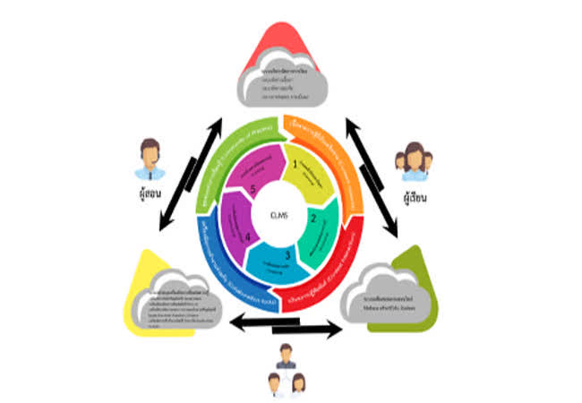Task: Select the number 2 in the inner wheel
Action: tap(312, 216)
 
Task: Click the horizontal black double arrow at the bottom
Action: tap(287, 326)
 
